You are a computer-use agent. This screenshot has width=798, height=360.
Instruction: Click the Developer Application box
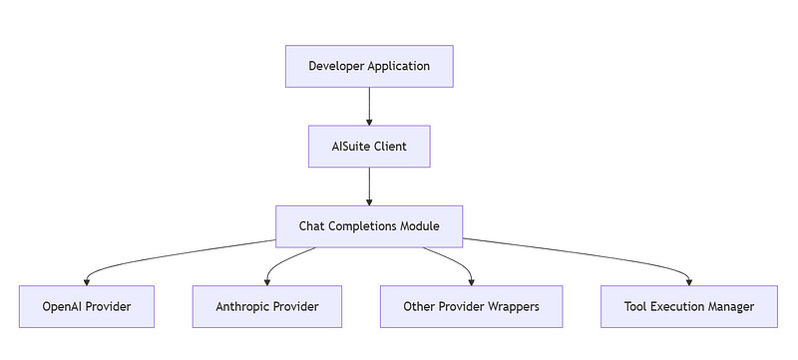pyautogui.click(x=369, y=67)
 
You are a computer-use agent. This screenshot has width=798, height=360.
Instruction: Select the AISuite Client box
pyautogui.click(x=369, y=146)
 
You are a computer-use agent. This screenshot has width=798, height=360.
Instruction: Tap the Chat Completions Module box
pyautogui.click(x=369, y=226)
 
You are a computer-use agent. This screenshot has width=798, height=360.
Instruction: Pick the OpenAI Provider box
pyautogui.click(x=87, y=306)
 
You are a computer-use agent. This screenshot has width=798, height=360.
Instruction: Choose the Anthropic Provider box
pyautogui.click(x=267, y=306)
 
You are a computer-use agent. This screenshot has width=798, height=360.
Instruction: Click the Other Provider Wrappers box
pyautogui.click(x=471, y=306)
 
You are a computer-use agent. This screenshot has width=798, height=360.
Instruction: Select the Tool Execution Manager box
pyautogui.click(x=689, y=306)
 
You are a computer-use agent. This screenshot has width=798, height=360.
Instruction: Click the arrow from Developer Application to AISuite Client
pyautogui.click(x=369, y=105)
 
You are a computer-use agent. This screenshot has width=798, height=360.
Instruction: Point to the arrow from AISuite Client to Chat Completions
pyautogui.click(x=369, y=185)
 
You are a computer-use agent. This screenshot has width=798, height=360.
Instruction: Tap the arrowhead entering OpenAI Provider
pyautogui.click(x=87, y=280)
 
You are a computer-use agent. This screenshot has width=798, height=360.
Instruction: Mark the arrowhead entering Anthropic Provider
pyautogui.click(x=267, y=280)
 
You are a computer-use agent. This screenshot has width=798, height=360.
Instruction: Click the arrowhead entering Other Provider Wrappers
pyautogui.click(x=471, y=280)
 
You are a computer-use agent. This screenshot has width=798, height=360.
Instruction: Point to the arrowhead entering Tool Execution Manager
pyautogui.click(x=689, y=280)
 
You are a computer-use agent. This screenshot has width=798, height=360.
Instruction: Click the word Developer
pyautogui.click(x=338, y=67)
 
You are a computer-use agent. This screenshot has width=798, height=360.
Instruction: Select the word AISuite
pyautogui.click(x=353, y=146)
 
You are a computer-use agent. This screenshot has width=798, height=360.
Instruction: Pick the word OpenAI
pyautogui.click(x=64, y=306)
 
